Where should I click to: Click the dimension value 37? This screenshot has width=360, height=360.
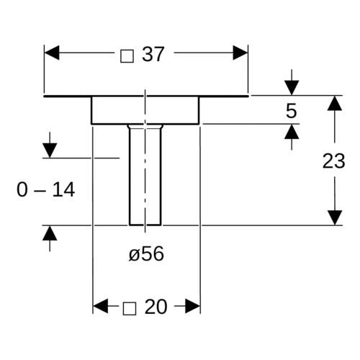pos(153,55)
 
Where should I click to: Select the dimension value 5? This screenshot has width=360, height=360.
pos(292,111)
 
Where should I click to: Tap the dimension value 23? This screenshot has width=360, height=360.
pos(333,161)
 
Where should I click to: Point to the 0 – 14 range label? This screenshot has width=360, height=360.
pos(46,189)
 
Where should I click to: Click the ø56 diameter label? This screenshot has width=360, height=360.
pos(146,253)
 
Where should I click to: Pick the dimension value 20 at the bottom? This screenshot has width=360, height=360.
pos(156,307)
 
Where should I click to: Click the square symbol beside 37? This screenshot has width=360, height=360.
pos(127,56)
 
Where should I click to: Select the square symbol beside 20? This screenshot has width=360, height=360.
pos(130,308)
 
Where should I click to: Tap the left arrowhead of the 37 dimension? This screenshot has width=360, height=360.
pos(52,53)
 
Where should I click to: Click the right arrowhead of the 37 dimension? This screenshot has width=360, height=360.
pos(240,53)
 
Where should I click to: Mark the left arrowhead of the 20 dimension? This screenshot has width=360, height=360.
pos(100,306)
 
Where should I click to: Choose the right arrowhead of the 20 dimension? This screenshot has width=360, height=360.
pos(192,306)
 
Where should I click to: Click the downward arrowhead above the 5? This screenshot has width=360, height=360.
pos(292,88)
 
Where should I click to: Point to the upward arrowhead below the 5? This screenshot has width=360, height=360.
pos(292,132)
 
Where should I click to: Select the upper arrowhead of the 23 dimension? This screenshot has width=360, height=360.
pos(335,103)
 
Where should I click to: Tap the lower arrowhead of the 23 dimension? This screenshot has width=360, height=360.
pos(335,217)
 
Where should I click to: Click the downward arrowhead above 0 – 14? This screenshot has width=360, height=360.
pos(50,150)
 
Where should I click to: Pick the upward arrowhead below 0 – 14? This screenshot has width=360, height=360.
pos(50,233)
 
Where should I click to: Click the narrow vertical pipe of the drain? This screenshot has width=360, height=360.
pos(145,175)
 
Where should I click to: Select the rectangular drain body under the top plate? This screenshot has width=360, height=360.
pos(145,110)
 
